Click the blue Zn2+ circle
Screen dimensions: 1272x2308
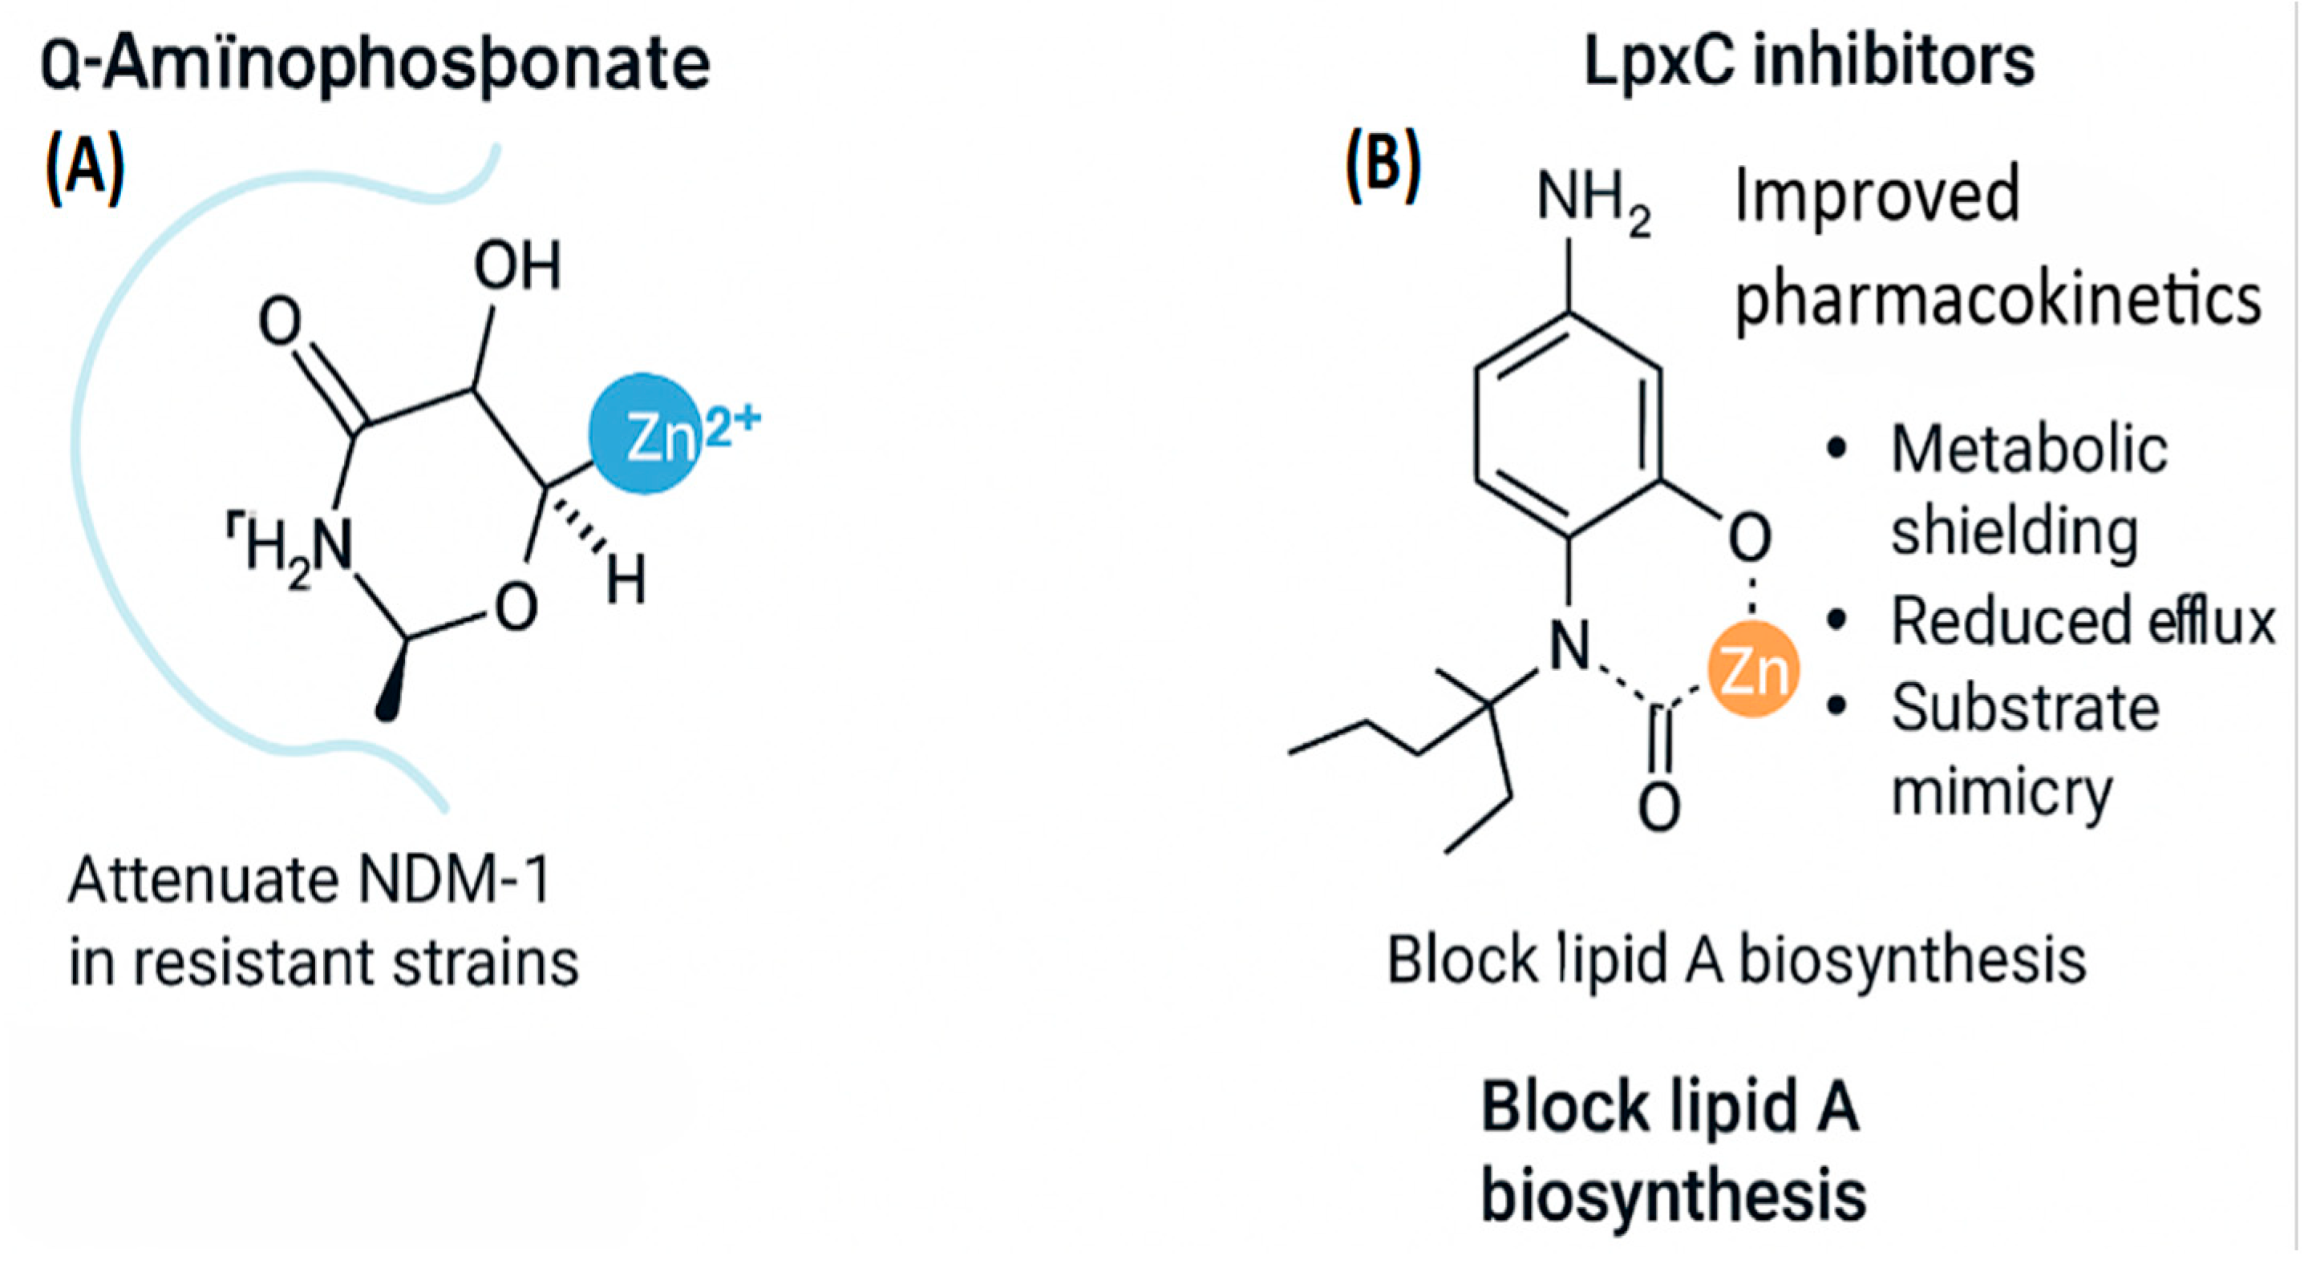click(x=645, y=434)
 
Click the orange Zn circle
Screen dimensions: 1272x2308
click(x=1753, y=671)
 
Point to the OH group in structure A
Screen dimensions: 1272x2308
click(x=517, y=266)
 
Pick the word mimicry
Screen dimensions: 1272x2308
click(x=2002, y=791)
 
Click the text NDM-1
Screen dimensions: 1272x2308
click(x=453, y=882)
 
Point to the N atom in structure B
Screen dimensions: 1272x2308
click(x=1569, y=646)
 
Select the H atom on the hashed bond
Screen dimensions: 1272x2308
click(x=626, y=581)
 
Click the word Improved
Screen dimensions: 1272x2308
click(x=1877, y=195)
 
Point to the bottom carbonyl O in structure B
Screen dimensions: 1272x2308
click(x=1658, y=808)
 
